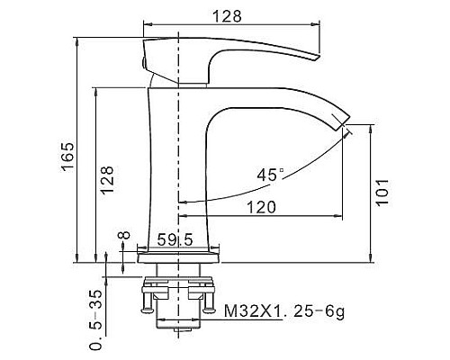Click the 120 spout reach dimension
coord(261,207)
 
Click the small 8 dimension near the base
coord(123,238)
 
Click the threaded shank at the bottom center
coord(180,315)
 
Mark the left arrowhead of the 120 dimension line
coord(184,217)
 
